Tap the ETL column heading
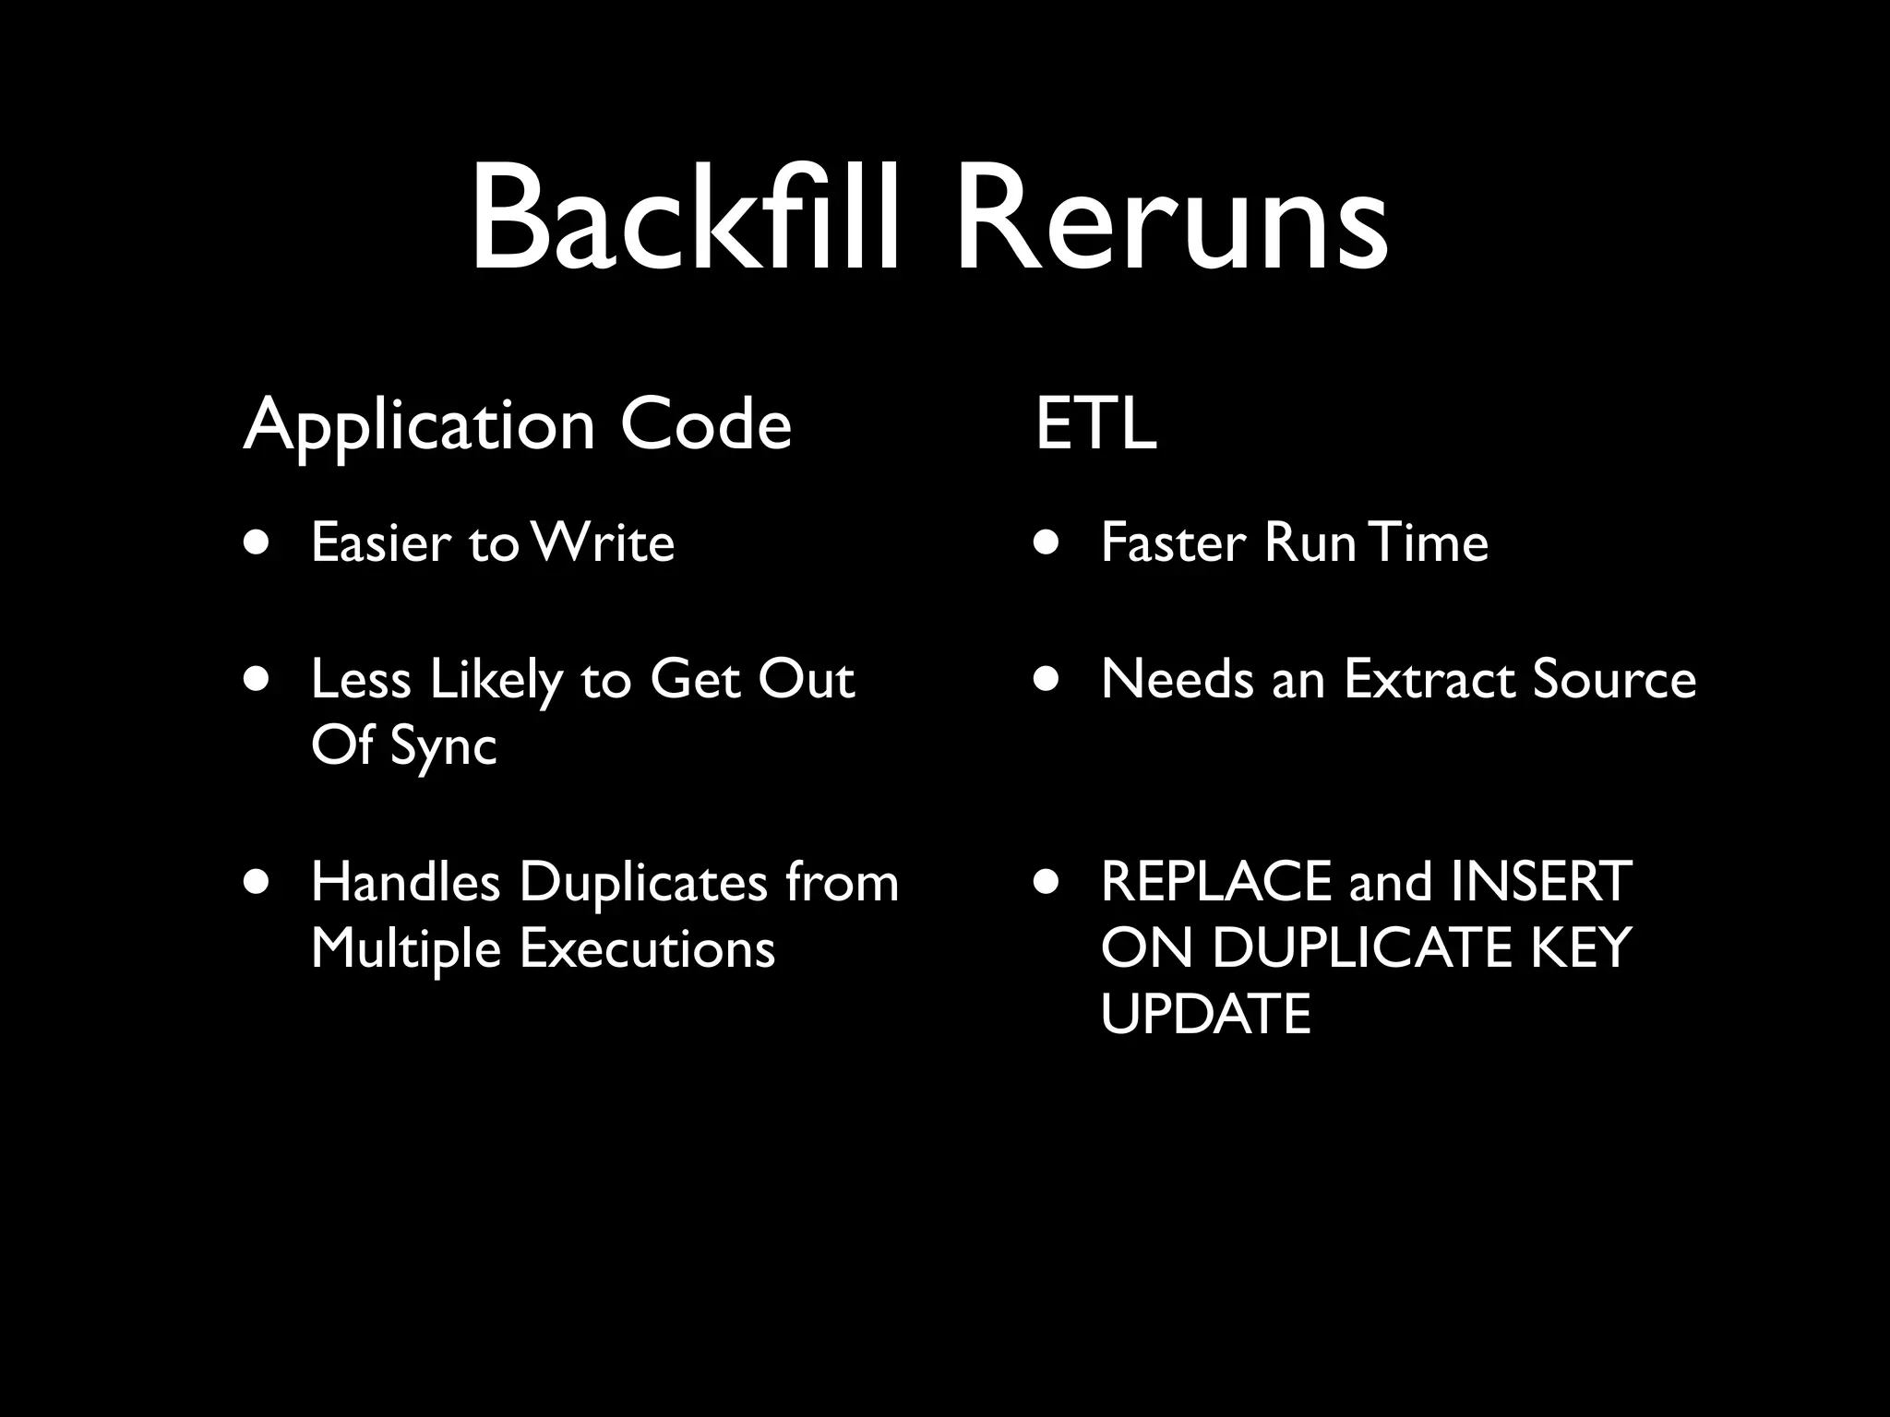(x=1095, y=424)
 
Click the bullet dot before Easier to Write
(x=257, y=543)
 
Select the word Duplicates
(x=642, y=882)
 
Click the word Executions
(x=647, y=948)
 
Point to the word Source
(x=1614, y=680)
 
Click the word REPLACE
(x=1217, y=882)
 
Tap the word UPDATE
(x=1205, y=1015)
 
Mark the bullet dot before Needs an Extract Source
(x=1047, y=681)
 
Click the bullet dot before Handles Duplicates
(x=257, y=882)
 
